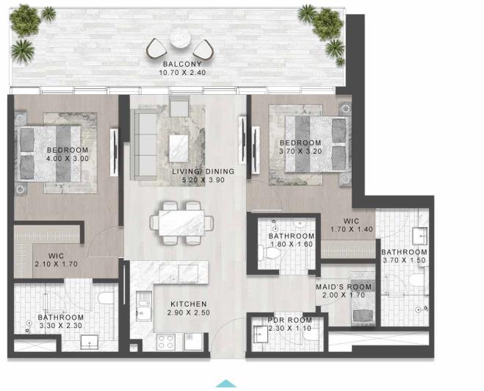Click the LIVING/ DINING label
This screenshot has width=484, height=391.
pos(203,171)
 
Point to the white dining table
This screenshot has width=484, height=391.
pos(181,221)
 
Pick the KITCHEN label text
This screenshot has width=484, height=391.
pos(189,304)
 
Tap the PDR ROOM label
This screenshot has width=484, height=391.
pos(289,320)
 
